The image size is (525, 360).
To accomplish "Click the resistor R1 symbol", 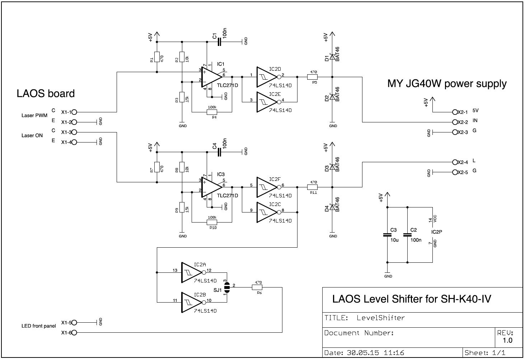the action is point(157,57).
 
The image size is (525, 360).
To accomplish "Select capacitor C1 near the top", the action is point(219,42).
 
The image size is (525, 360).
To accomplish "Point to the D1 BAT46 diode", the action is point(332,57).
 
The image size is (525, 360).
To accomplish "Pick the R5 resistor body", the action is point(312,77).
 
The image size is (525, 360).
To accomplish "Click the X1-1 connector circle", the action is point(74,112).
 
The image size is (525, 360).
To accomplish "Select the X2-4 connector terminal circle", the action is point(455,162).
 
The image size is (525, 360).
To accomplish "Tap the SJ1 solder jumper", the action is point(227,287).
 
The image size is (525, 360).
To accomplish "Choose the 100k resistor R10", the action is point(212,222).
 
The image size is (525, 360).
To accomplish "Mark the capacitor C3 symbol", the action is point(387,235).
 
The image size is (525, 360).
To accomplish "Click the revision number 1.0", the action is point(507,340).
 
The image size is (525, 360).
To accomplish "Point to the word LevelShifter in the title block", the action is point(381,318).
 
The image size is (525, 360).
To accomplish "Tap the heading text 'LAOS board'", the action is point(46,94).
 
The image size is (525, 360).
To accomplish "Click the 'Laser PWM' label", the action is point(34,116).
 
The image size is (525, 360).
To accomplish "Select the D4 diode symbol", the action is point(332,207).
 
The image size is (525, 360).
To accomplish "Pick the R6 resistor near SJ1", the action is point(257,287).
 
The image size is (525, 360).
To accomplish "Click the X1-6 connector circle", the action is point(74,333).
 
